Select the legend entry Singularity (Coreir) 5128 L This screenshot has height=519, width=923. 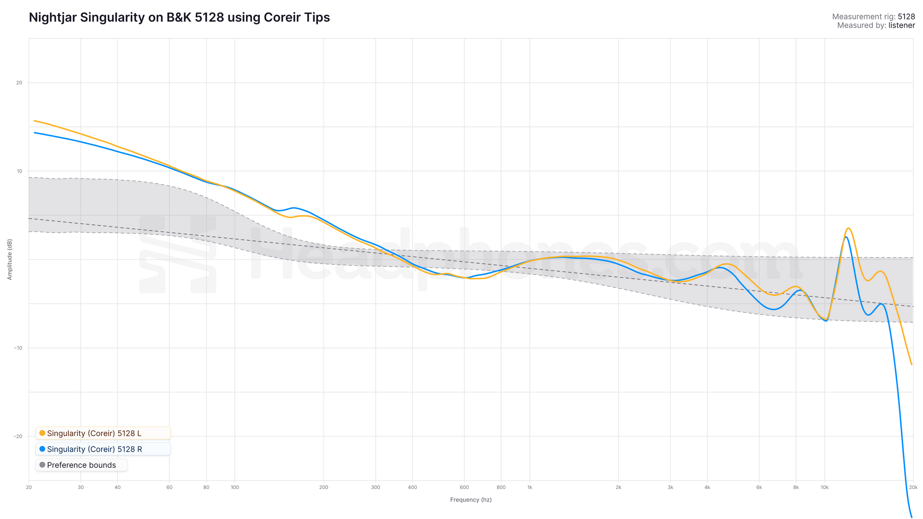point(94,433)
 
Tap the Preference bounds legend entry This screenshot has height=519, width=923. point(81,465)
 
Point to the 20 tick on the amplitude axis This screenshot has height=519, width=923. point(19,83)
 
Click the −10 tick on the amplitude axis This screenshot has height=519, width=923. point(18,348)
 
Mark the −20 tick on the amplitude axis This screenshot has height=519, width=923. point(18,436)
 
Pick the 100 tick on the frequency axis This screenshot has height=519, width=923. point(235,487)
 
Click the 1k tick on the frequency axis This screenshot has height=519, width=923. point(530,487)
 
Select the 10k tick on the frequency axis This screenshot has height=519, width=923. point(825,487)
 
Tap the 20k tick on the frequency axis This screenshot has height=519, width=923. point(913,487)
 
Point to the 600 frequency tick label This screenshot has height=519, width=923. point(464,487)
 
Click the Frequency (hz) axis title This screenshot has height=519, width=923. point(471,500)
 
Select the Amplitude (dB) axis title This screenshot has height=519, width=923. point(10,259)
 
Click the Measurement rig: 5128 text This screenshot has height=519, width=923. point(873,17)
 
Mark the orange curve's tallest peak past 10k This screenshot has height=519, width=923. point(848,228)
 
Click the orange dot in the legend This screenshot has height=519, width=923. point(42,433)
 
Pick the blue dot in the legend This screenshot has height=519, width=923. point(42,449)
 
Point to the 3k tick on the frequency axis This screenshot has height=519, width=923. point(671,487)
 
